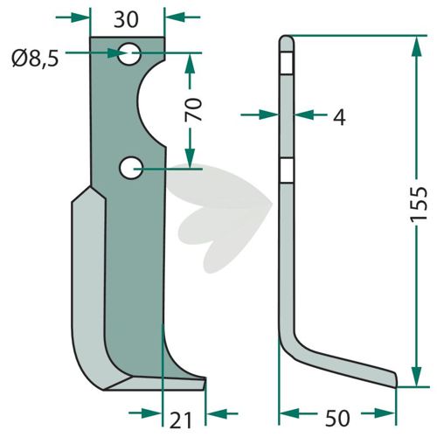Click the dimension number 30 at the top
126,20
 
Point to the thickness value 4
339,118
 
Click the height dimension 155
419,205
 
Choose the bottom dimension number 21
181,420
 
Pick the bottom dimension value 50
337,419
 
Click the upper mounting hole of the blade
129,53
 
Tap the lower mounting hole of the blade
131,168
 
